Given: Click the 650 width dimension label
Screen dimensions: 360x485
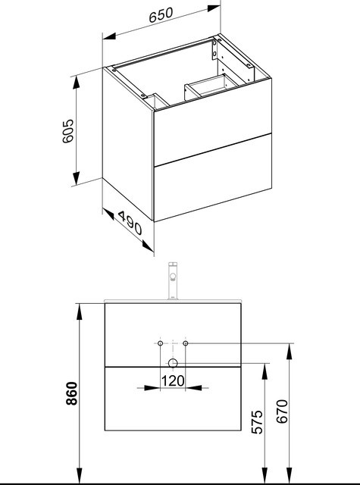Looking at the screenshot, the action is [x=161, y=15].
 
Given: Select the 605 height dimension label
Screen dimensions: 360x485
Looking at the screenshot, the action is [x=68, y=131].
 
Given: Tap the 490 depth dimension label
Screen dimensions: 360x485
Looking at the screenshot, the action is [x=130, y=223].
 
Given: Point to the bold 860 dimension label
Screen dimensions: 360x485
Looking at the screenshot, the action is [x=72, y=393].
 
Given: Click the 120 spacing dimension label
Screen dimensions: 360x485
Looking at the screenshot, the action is [x=173, y=380].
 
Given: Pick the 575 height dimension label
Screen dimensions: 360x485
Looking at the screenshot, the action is [x=257, y=422].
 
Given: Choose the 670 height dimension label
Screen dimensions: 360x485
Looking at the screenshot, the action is [x=282, y=411].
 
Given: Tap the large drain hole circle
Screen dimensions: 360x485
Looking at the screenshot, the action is [x=173, y=363].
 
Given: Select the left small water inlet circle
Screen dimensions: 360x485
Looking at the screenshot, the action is [x=160, y=343].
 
